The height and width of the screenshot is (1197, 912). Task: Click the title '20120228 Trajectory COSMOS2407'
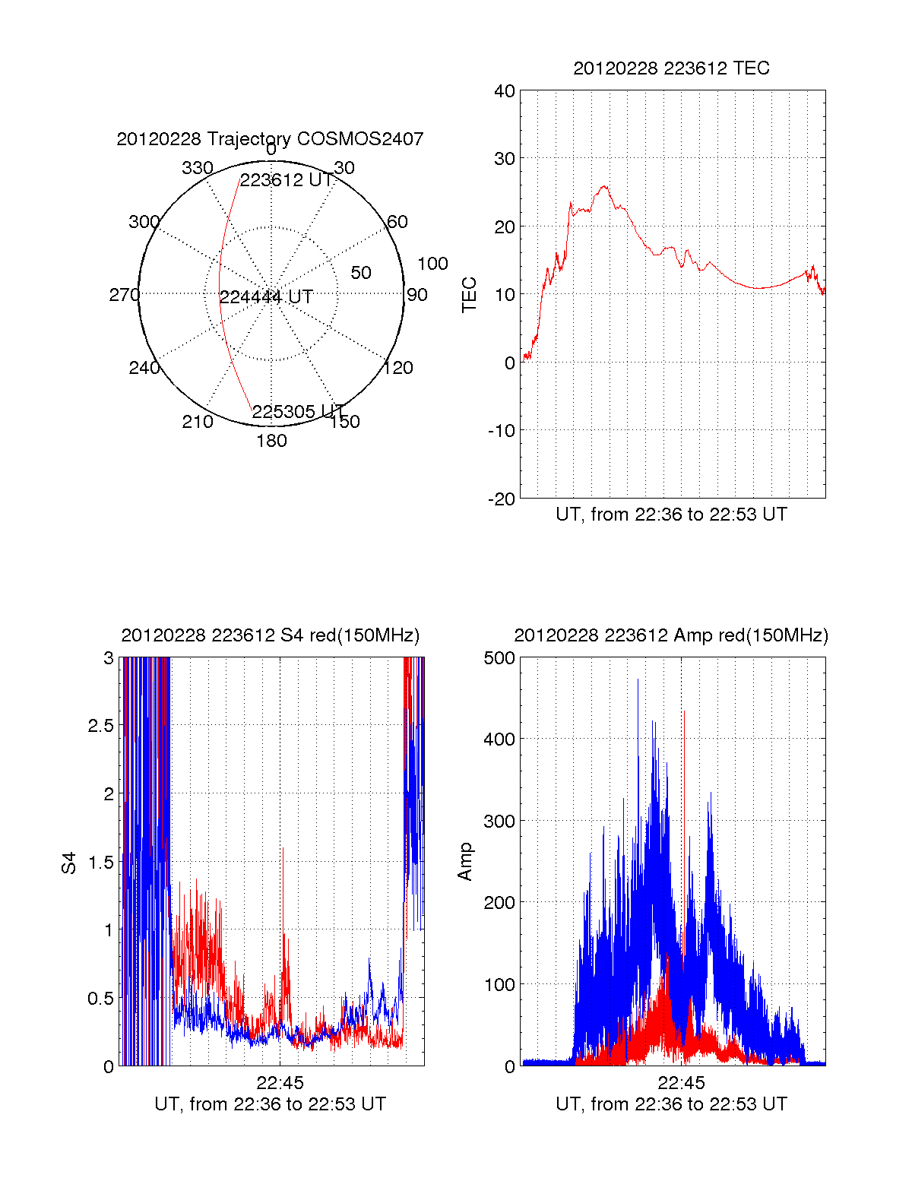coord(270,139)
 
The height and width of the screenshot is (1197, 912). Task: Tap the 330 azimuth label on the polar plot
coord(197,168)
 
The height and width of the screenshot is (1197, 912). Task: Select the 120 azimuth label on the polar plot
coord(398,368)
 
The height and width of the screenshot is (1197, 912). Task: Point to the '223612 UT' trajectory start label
coord(287,180)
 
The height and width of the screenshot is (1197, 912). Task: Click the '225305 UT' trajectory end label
coord(298,412)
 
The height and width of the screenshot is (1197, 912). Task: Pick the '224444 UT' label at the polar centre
coord(266,297)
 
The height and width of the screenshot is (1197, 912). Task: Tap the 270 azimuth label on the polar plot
coord(124,295)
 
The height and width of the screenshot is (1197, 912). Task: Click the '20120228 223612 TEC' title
coord(671,68)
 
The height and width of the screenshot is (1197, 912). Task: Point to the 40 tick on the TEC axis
coord(505,91)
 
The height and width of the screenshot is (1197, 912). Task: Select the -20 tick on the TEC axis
coord(502,499)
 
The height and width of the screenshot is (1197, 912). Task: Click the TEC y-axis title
coord(470,295)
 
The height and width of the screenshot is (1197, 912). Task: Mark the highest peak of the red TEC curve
coord(604,185)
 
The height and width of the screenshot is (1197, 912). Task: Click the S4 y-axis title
coord(69,863)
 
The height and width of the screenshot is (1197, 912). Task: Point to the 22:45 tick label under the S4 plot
coord(280,1082)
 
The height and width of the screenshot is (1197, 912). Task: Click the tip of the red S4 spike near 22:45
coord(283,847)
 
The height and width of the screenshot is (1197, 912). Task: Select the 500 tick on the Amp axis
coord(499,658)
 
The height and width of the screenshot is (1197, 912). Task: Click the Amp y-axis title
coord(465,862)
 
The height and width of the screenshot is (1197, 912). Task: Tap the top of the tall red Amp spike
coord(684,711)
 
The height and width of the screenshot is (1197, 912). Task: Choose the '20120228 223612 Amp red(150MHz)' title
coord(671,635)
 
